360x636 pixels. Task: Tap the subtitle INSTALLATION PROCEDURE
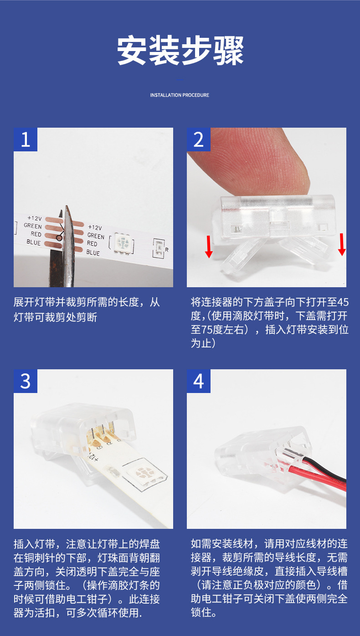[x=180, y=95]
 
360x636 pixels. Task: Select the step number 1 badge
[x=26, y=140]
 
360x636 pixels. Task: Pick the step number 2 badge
[x=199, y=140]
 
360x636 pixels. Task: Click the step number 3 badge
[x=26, y=381]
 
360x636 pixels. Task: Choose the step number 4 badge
[x=199, y=381]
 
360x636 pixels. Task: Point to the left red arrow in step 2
[x=209, y=247]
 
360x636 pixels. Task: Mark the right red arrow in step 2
[x=342, y=244]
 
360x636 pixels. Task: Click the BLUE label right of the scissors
[x=93, y=253]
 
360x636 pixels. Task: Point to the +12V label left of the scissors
[x=35, y=218]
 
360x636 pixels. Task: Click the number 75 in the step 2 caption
[x=207, y=330]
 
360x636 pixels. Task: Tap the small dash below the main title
[x=180, y=79]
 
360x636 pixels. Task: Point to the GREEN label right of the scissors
[x=96, y=236]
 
